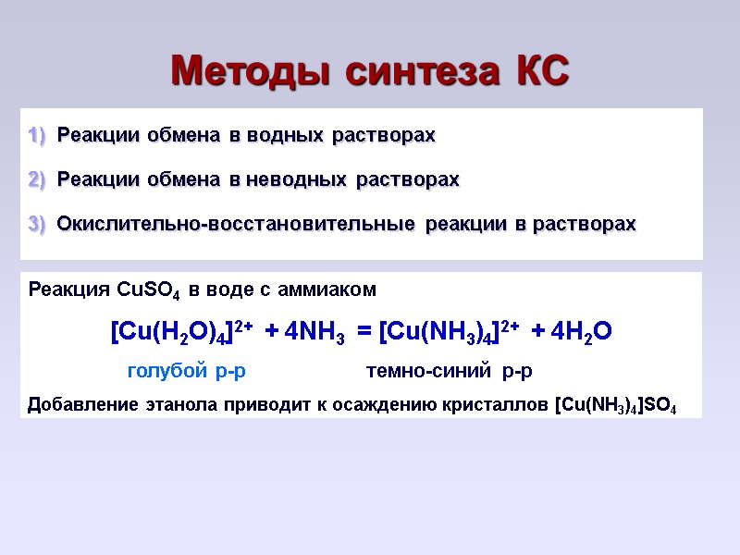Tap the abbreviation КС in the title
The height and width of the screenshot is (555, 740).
(x=540, y=70)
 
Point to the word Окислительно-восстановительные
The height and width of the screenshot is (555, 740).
(x=236, y=224)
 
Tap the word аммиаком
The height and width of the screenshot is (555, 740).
(x=335, y=290)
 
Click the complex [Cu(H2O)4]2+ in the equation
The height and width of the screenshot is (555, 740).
(x=181, y=332)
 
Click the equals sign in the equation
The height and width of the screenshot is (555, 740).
(x=364, y=332)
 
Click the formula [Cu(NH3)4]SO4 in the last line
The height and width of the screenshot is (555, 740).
(x=615, y=405)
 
